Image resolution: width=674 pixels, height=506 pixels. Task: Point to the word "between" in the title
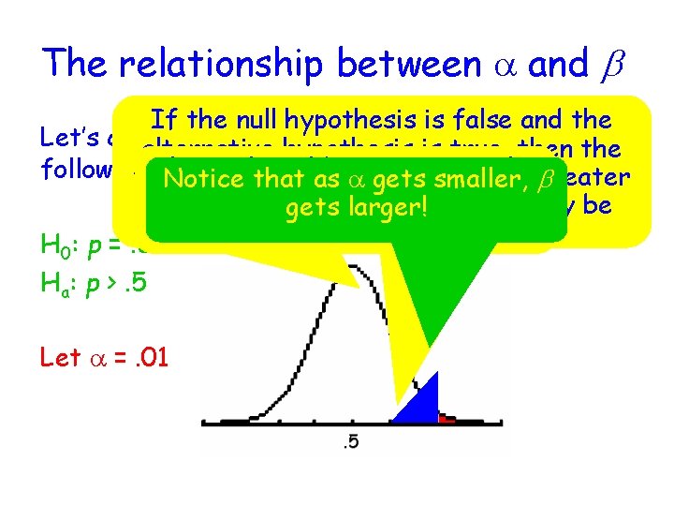tap(404, 63)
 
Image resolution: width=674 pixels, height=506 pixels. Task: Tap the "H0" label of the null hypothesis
tap(52, 248)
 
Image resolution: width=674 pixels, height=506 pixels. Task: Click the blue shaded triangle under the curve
tap(423, 404)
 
